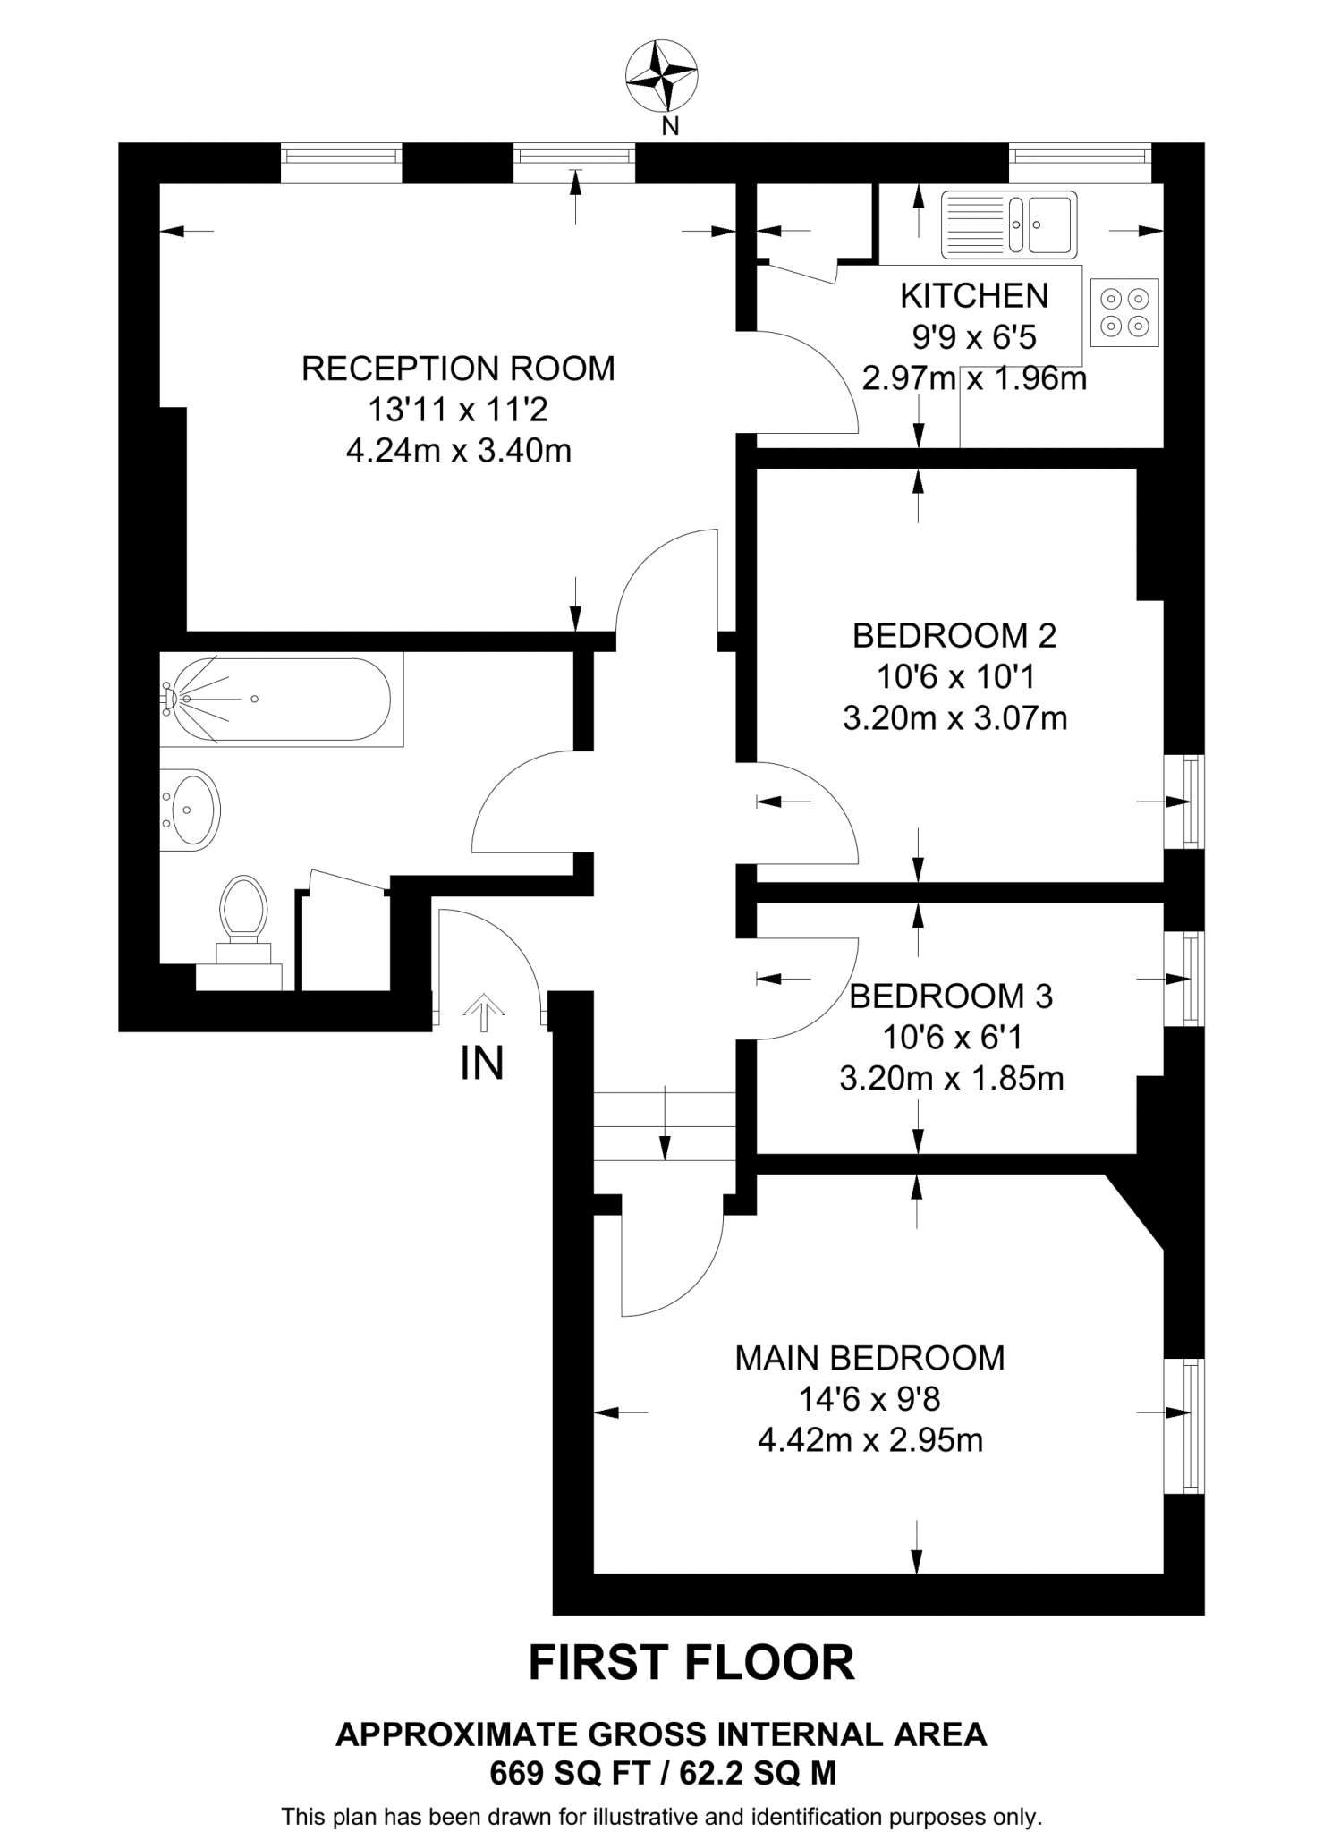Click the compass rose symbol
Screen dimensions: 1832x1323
(x=661, y=76)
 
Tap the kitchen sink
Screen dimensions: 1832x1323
(x=1009, y=225)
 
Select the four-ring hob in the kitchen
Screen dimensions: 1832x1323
(x=1124, y=313)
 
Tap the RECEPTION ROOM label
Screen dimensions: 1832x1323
(x=458, y=369)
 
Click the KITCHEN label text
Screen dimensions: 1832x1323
(x=974, y=295)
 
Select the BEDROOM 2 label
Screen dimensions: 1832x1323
(x=954, y=636)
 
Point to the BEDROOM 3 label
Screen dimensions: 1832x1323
(x=951, y=997)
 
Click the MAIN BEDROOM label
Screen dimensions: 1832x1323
(x=869, y=1358)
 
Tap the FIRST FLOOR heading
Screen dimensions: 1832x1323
(x=691, y=1663)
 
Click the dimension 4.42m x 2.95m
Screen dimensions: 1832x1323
(x=869, y=1440)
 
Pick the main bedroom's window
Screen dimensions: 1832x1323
(x=1189, y=1426)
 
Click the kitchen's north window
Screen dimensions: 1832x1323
(x=1080, y=156)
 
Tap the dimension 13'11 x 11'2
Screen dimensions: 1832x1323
(x=458, y=410)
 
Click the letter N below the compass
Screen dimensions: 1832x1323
(x=669, y=127)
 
